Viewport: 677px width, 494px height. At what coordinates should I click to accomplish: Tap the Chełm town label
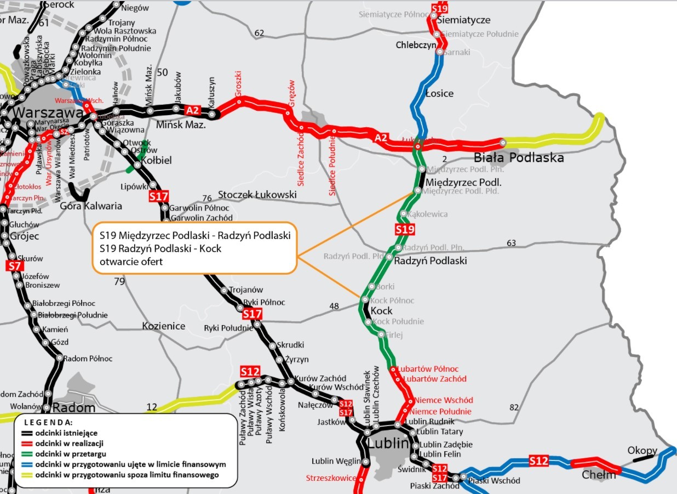(599, 475)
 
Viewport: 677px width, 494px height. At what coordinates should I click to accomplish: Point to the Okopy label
(642, 451)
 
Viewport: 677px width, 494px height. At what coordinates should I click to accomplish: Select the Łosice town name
(440, 93)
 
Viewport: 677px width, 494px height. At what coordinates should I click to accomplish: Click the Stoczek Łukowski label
(257, 195)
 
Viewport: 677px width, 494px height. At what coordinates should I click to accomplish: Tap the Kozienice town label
(164, 326)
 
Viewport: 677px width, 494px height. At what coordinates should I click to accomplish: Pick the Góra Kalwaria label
(83, 206)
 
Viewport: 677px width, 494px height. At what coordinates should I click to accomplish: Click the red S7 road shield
(15, 266)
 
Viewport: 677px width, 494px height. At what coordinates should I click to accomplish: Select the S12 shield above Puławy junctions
(250, 371)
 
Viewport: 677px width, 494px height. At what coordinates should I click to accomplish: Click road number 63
(511, 243)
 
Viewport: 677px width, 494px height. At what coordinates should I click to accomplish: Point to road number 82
(513, 407)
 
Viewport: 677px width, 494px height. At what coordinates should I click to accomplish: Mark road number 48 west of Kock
(334, 306)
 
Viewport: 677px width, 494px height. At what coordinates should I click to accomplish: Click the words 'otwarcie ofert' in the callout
(131, 262)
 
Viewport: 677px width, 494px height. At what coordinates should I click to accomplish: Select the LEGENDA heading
(48, 423)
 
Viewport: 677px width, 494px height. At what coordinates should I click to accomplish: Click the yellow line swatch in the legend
(25, 475)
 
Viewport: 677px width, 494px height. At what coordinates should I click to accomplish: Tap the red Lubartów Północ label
(428, 369)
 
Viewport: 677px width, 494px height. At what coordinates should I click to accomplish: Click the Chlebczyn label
(416, 46)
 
